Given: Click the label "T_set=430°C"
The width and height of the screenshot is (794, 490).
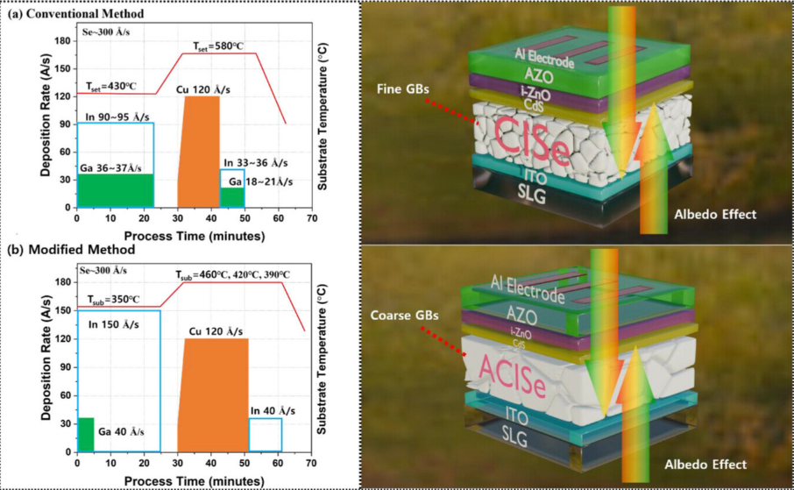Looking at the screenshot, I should [x=112, y=86].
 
